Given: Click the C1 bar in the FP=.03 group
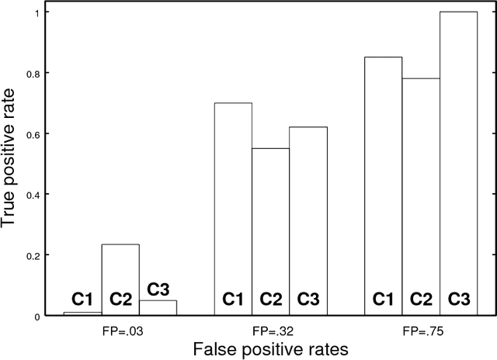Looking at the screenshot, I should point(82,313).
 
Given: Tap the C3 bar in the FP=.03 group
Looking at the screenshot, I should point(158,307).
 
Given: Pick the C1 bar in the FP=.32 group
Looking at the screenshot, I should point(233,209).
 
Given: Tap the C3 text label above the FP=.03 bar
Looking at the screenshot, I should point(158,290).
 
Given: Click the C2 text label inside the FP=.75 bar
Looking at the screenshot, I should point(421,299).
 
